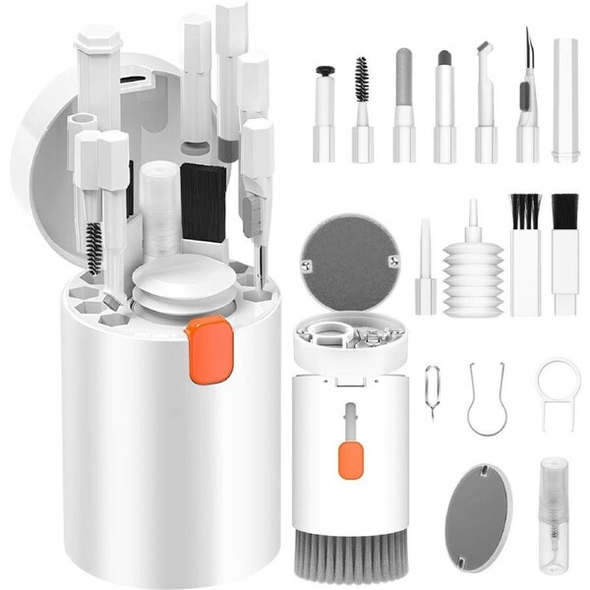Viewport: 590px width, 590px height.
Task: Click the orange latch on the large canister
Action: [x=204, y=350]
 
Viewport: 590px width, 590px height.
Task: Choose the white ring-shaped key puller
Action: [x=558, y=389]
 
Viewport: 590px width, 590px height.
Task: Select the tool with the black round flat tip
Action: [x=324, y=108]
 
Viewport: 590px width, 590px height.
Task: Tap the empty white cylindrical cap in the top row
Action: [x=565, y=98]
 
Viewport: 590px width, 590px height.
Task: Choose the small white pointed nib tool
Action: [x=426, y=270]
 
